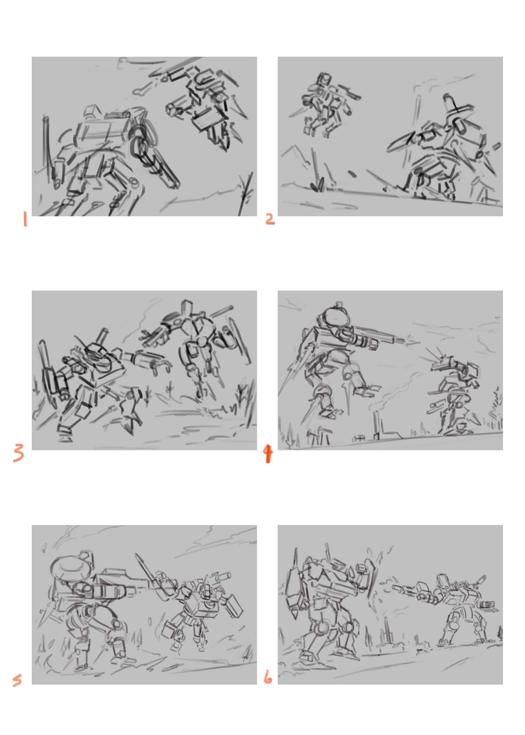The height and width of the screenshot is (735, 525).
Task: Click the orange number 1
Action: click(x=25, y=219)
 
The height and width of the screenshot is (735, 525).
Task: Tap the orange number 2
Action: click(x=270, y=219)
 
